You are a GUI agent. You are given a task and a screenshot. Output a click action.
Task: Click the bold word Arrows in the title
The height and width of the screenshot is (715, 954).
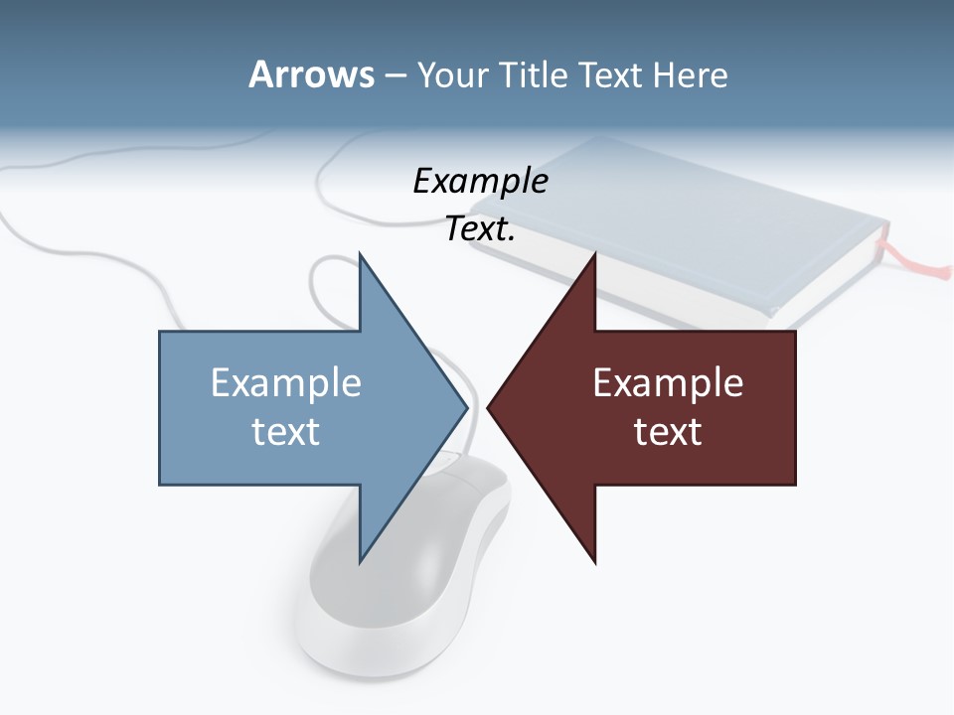pos(311,74)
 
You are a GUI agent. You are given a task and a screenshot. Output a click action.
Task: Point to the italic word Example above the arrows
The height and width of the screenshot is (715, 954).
pos(480,182)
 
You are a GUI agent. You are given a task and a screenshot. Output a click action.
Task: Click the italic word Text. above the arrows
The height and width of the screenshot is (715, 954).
pos(480,229)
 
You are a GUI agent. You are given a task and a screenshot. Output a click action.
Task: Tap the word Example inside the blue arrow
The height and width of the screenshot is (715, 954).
pos(286,382)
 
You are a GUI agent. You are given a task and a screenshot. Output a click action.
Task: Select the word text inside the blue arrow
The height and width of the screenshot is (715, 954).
pos(286,431)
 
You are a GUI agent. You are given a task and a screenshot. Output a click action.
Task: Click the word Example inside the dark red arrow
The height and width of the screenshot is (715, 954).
pos(668,382)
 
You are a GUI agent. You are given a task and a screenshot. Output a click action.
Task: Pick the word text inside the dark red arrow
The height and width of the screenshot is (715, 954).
pos(668,431)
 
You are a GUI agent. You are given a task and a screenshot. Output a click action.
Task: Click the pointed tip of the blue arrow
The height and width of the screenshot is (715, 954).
pos(465,406)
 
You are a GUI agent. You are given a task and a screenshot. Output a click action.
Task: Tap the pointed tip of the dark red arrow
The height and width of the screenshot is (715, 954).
pos(490,406)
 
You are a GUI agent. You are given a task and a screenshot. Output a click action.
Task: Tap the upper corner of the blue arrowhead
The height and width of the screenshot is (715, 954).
pos(361,256)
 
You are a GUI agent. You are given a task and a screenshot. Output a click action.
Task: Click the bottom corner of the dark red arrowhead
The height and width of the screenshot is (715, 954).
pos(594,561)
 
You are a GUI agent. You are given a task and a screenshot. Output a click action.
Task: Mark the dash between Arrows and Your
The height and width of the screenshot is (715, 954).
pos(395,75)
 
